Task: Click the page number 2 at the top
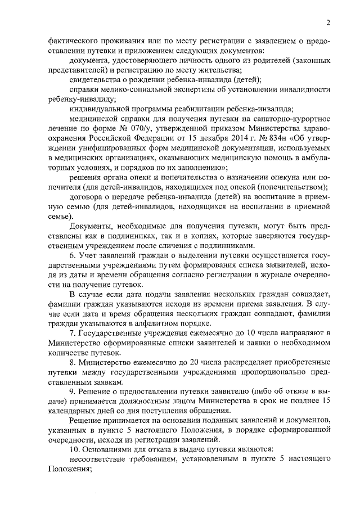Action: pos(327,22)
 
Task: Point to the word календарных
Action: pos(73,412)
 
